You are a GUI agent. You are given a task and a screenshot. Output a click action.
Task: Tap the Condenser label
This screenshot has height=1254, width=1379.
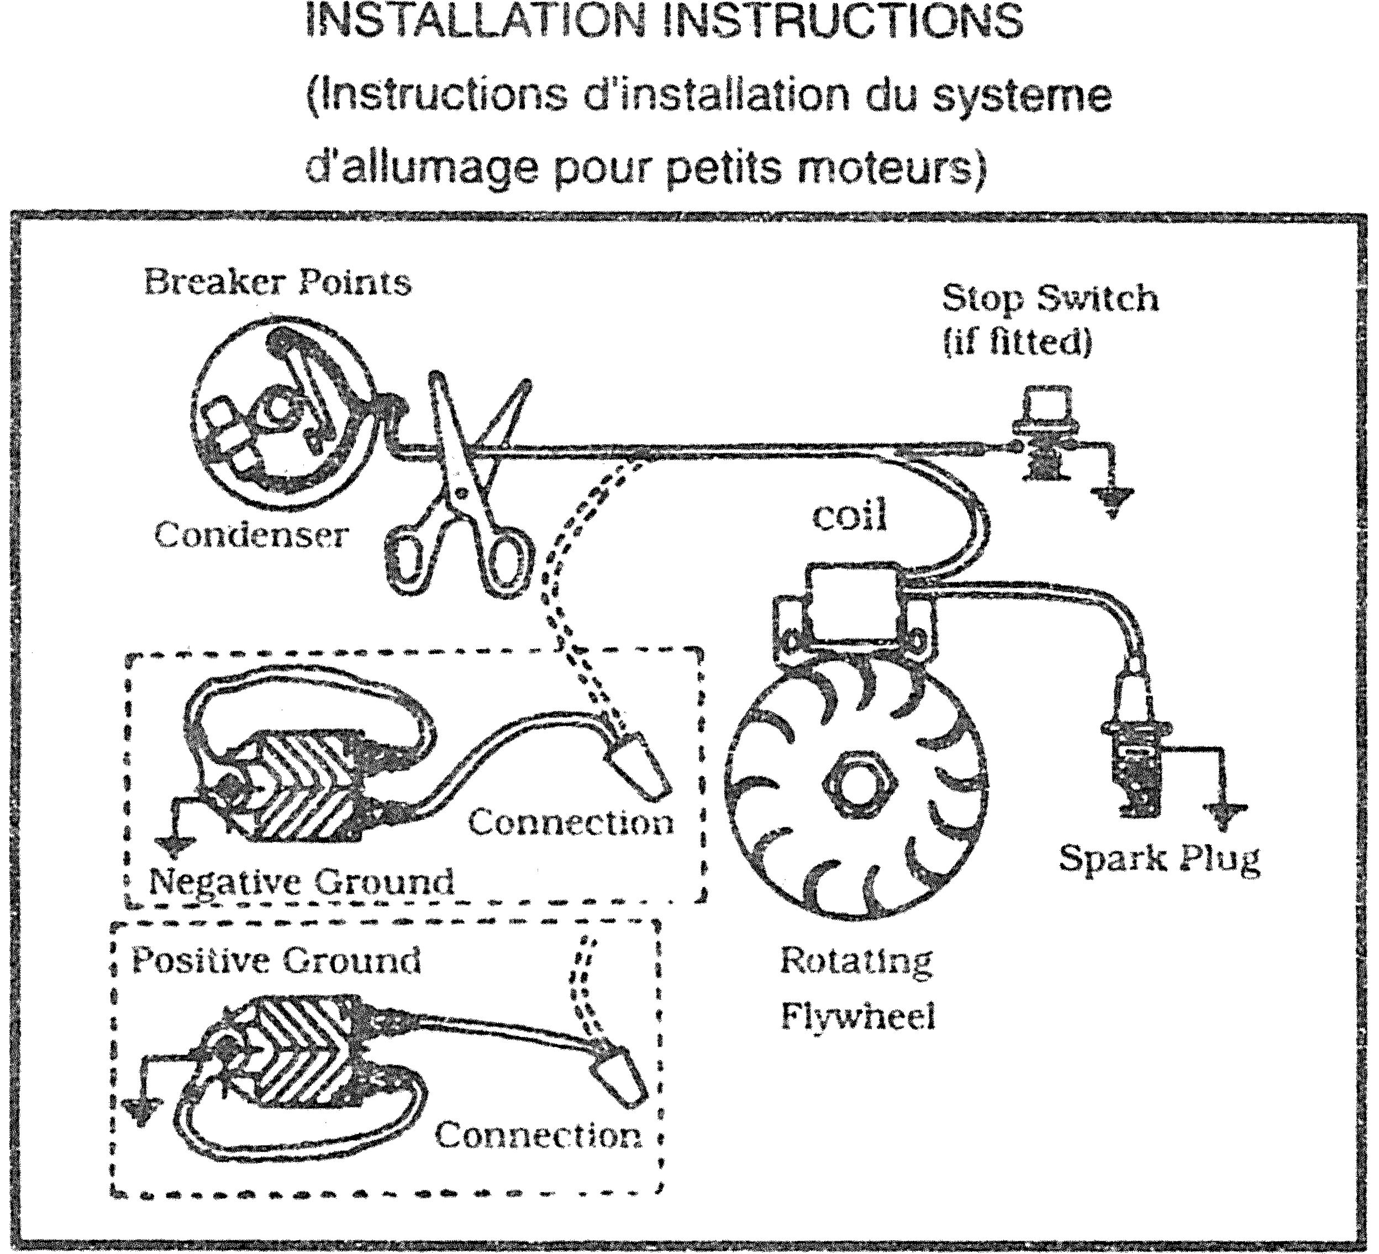tap(251, 534)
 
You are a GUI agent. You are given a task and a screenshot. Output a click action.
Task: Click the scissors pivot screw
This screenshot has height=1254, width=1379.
tap(462, 492)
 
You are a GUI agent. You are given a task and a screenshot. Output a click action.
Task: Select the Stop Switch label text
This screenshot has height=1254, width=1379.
tap(1050, 298)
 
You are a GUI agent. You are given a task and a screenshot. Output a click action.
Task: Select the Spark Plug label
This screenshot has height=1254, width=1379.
tap(1159, 858)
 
